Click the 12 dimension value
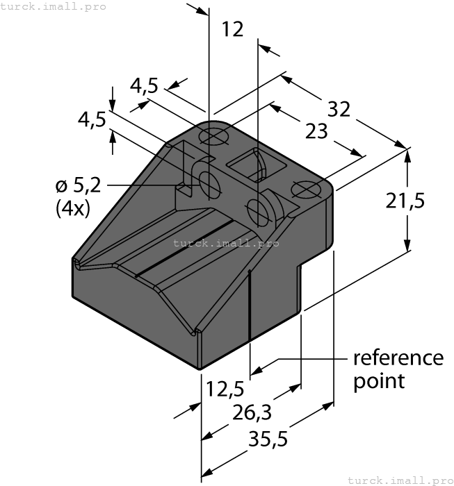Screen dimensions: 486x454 [x=233, y=29]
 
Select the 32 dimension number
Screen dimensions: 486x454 [x=338, y=109]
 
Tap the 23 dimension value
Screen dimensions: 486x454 [x=316, y=131]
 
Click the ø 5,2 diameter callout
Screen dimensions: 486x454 [x=79, y=185]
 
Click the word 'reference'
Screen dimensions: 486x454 [x=398, y=358]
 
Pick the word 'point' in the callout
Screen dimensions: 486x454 [x=379, y=380]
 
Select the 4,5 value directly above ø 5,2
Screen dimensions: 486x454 [x=92, y=119]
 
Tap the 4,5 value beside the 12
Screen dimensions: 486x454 [x=144, y=85]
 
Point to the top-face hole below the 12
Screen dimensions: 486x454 [x=214, y=137]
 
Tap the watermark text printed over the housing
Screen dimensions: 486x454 [x=226, y=243]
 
